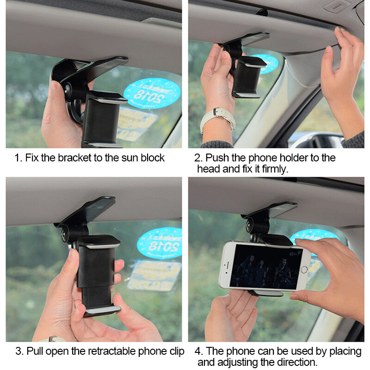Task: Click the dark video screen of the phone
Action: [264, 266]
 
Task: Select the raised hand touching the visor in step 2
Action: [342, 79]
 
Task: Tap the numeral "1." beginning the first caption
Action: [18, 158]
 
